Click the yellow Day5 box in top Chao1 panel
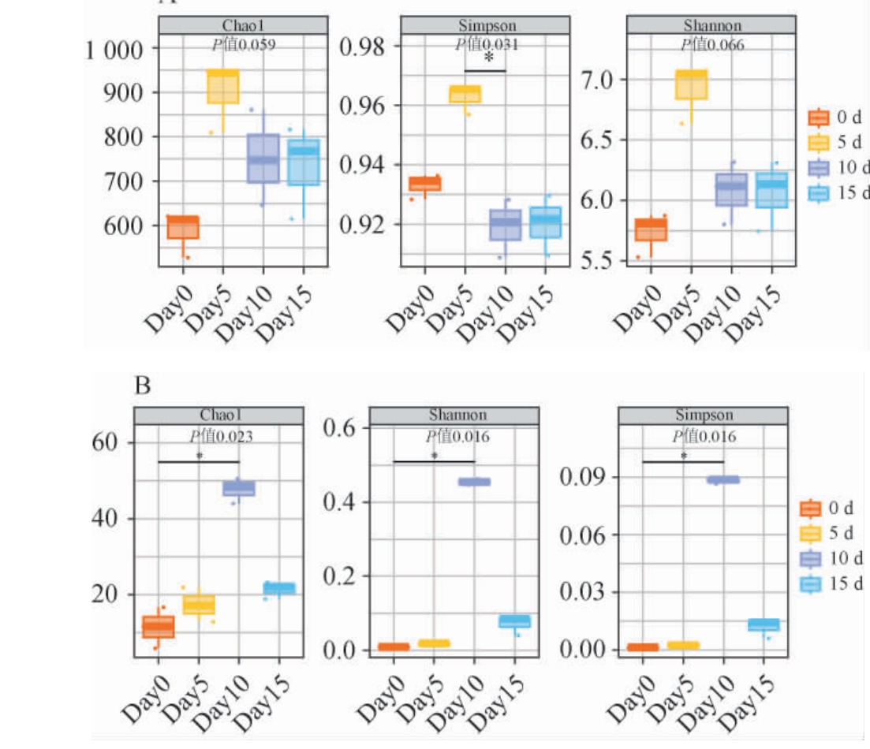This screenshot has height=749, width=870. pyautogui.click(x=223, y=87)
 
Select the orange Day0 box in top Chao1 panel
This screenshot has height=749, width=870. pyautogui.click(x=182, y=227)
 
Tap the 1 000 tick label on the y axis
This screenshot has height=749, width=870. pyautogui.click(x=114, y=51)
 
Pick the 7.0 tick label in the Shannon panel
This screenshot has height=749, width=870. pyautogui.click(x=600, y=80)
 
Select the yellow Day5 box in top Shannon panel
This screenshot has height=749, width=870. pyautogui.click(x=691, y=84)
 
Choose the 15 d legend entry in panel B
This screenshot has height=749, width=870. pyautogui.click(x=834, y=584)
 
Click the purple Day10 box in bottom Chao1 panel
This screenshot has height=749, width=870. pyautogui.click(x=238, y=488)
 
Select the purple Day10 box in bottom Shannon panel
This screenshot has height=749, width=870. pyautogui.click(x=475, y=482)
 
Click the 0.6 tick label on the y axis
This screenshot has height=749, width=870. pyautogui.click(x=344, y=428)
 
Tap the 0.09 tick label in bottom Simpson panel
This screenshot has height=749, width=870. pyautogui.click(x=581, y=478)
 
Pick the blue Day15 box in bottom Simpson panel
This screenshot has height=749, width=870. pyautogui.click(x=764, y=624)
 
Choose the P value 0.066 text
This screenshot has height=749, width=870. pyautogui.click(x=713, y=45)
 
